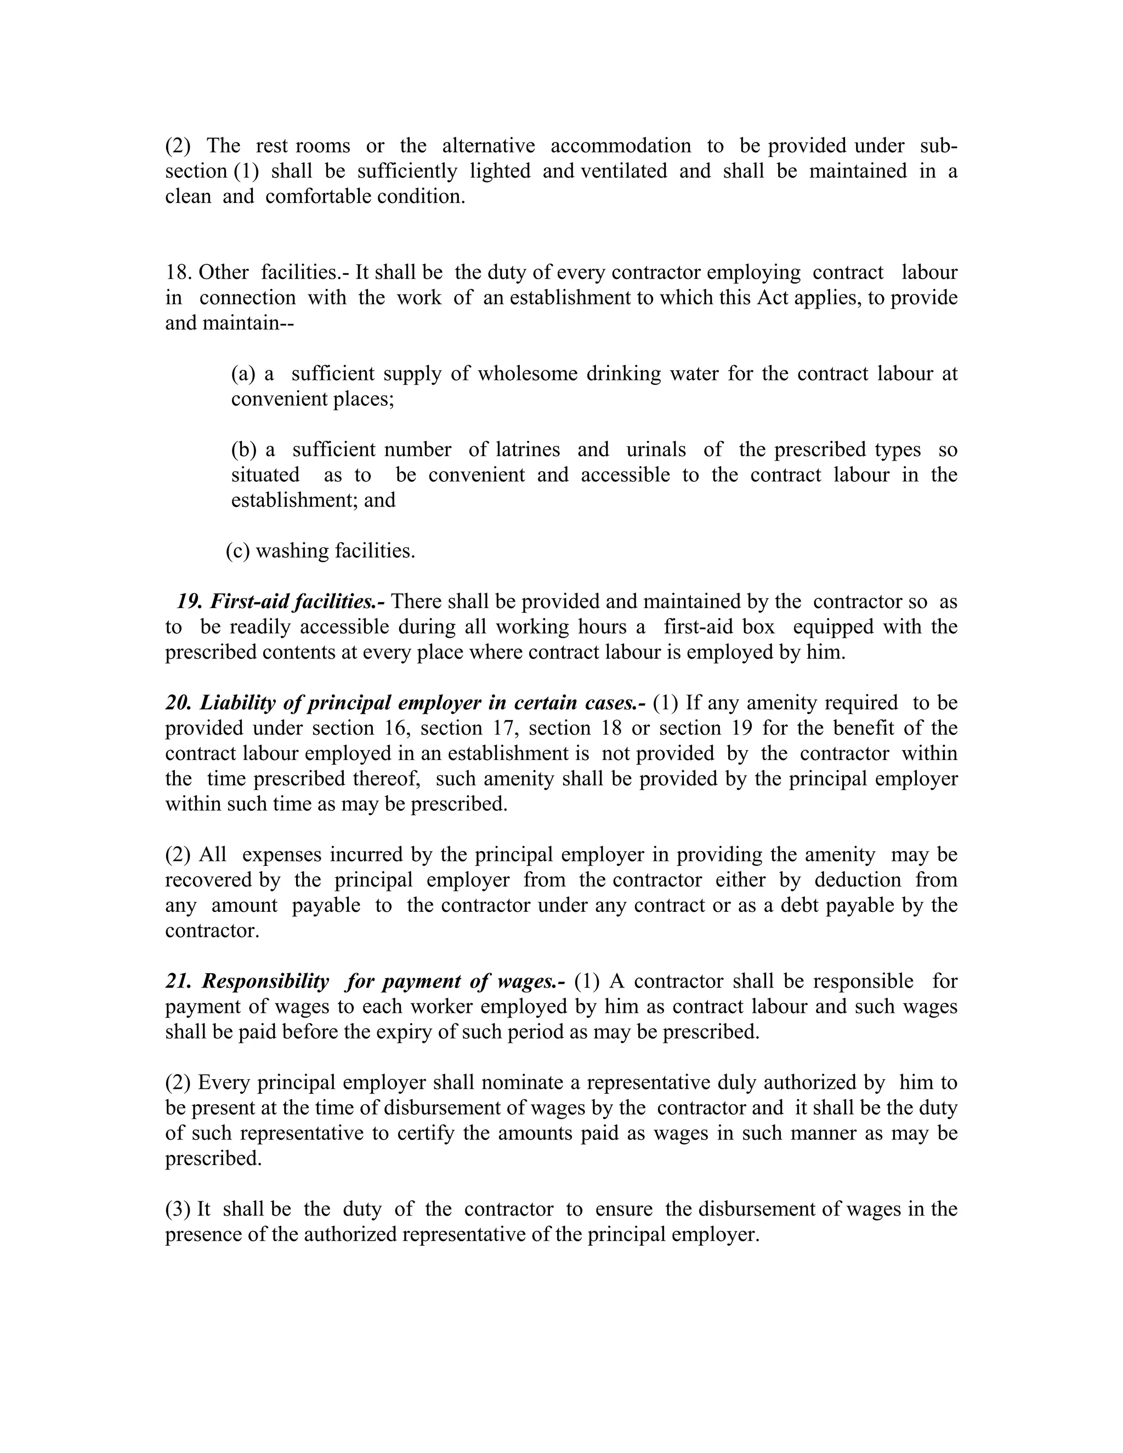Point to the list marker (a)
pos(243,374)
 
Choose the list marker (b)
pos(243,450)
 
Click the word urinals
pos(656,450)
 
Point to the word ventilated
pos(623,171)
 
